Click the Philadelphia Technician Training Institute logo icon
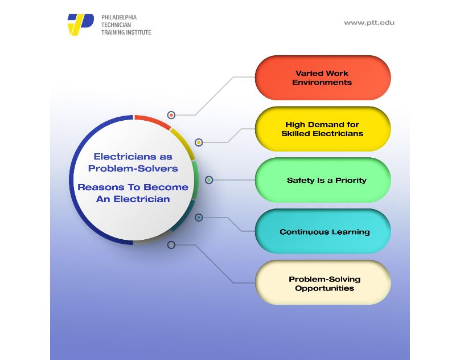[x=80, y=24]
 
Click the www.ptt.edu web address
[x=369, y=23]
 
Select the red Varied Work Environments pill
[x=322, y=78]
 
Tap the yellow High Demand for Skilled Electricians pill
[x=322, y=129]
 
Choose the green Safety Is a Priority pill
[x=322, y=181]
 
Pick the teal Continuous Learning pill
[x=322, y=232]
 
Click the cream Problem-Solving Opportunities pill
[x=322, y=284]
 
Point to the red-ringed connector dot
[x=171, y=115]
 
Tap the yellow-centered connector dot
[x=199, y=142]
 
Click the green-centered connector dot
[x=209, y=180]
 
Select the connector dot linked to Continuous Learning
[x=199, y=218]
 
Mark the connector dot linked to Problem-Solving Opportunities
[x=171, y=245]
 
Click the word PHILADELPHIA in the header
[x=118, y=18]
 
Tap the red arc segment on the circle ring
[x=152, y=120]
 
